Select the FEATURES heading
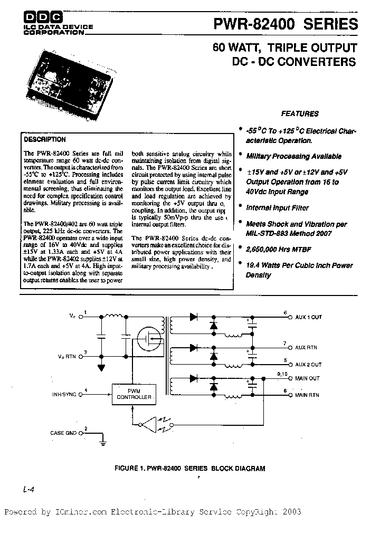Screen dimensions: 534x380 299,113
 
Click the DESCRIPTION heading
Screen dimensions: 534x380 45,140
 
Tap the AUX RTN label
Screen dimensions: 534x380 306,348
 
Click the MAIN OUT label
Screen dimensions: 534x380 307,378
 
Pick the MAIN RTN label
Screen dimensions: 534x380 307,395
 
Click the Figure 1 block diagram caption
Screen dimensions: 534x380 189,468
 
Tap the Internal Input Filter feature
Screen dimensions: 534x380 278,208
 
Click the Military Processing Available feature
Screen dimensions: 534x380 293,156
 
